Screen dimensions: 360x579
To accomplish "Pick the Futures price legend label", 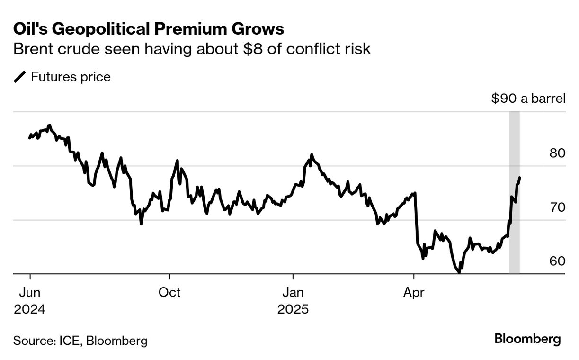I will (71, 77).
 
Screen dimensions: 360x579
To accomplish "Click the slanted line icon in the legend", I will (20, 77).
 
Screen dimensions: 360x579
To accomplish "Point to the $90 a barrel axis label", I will (528, 99).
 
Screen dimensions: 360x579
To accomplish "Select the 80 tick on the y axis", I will (557, 153).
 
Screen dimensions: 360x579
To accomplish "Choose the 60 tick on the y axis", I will (557, 261).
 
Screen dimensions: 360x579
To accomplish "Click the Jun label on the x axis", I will (30, 292).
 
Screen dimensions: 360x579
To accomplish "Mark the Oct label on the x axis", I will (169, 292).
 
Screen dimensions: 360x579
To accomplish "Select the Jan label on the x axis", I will (293, 292).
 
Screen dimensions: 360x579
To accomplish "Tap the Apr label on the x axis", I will (414, 292).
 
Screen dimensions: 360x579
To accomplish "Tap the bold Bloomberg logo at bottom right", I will (527, 339).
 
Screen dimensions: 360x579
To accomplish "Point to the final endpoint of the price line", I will (520, 178).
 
